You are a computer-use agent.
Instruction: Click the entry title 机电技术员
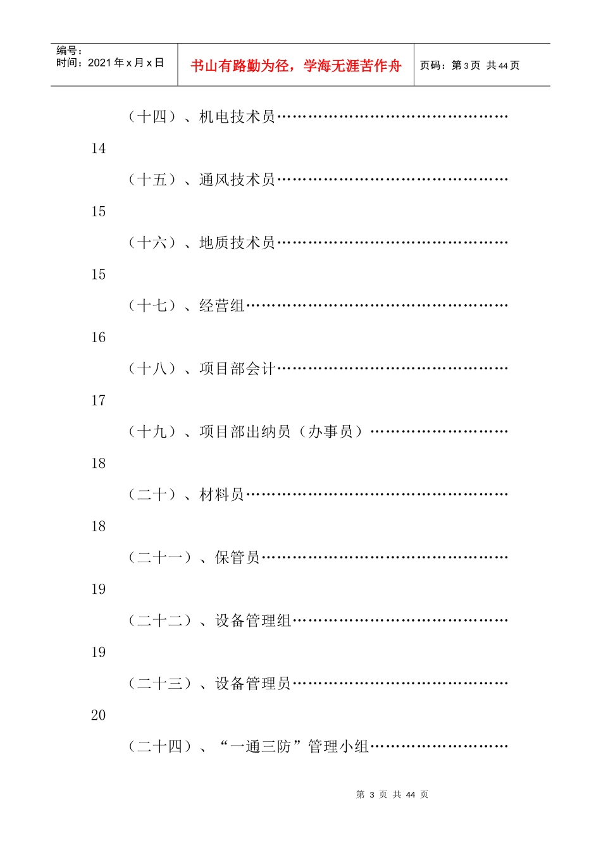pos(237,116)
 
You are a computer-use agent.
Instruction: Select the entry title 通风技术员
pos(237,180)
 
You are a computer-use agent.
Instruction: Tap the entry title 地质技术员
pos(237,243)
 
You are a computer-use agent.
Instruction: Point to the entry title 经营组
pos(222,306)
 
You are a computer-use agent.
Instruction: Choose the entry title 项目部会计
pos(237,369)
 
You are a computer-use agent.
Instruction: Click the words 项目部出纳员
pos(245,432)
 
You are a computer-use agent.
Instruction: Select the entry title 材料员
pos(222,495)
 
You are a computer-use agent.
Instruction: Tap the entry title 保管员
pos(237,558)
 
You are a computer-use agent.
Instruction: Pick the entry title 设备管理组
pos(253,621)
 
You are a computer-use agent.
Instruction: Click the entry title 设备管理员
pos(253,684)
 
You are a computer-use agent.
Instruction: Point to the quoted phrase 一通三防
pos(261,747)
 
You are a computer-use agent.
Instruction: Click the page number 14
pos(98,149)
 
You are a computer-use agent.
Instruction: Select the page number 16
pos(98,338)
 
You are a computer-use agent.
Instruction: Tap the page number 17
pos(98,400)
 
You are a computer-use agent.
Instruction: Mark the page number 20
pos(98,715)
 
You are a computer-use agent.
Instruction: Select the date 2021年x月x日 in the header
pos(125,63)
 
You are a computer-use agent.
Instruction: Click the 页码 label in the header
pos(433,65)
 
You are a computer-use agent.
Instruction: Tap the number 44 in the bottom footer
pos(410,795)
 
